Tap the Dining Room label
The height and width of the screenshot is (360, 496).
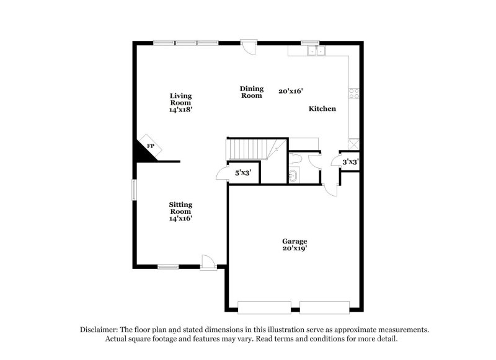252,92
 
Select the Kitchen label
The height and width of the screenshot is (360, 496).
322,108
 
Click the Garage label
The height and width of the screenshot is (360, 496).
294,241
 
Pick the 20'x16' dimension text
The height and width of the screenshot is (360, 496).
290,91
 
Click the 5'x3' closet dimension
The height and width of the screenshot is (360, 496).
242,173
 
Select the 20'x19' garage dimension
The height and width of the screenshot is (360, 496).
294,248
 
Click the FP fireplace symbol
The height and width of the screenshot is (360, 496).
150,145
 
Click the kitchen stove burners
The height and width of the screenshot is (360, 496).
355,94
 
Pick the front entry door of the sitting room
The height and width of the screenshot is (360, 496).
208,263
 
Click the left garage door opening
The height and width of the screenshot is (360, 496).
264,306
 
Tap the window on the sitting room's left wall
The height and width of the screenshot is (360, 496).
133,190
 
